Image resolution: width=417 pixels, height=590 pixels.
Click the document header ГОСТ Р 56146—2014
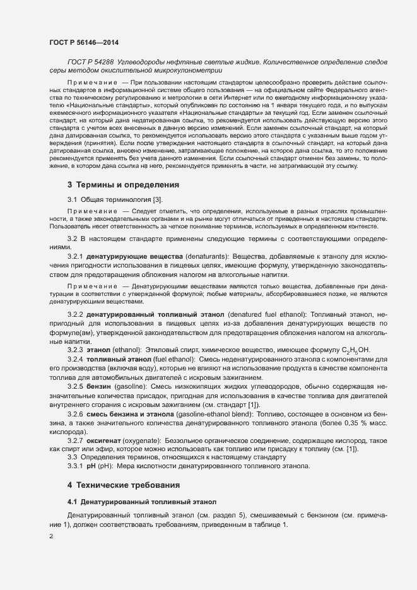pyautogui.click(x=83, y=42)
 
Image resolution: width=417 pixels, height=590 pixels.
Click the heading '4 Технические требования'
pyautogui.click(x=124, y=485)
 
